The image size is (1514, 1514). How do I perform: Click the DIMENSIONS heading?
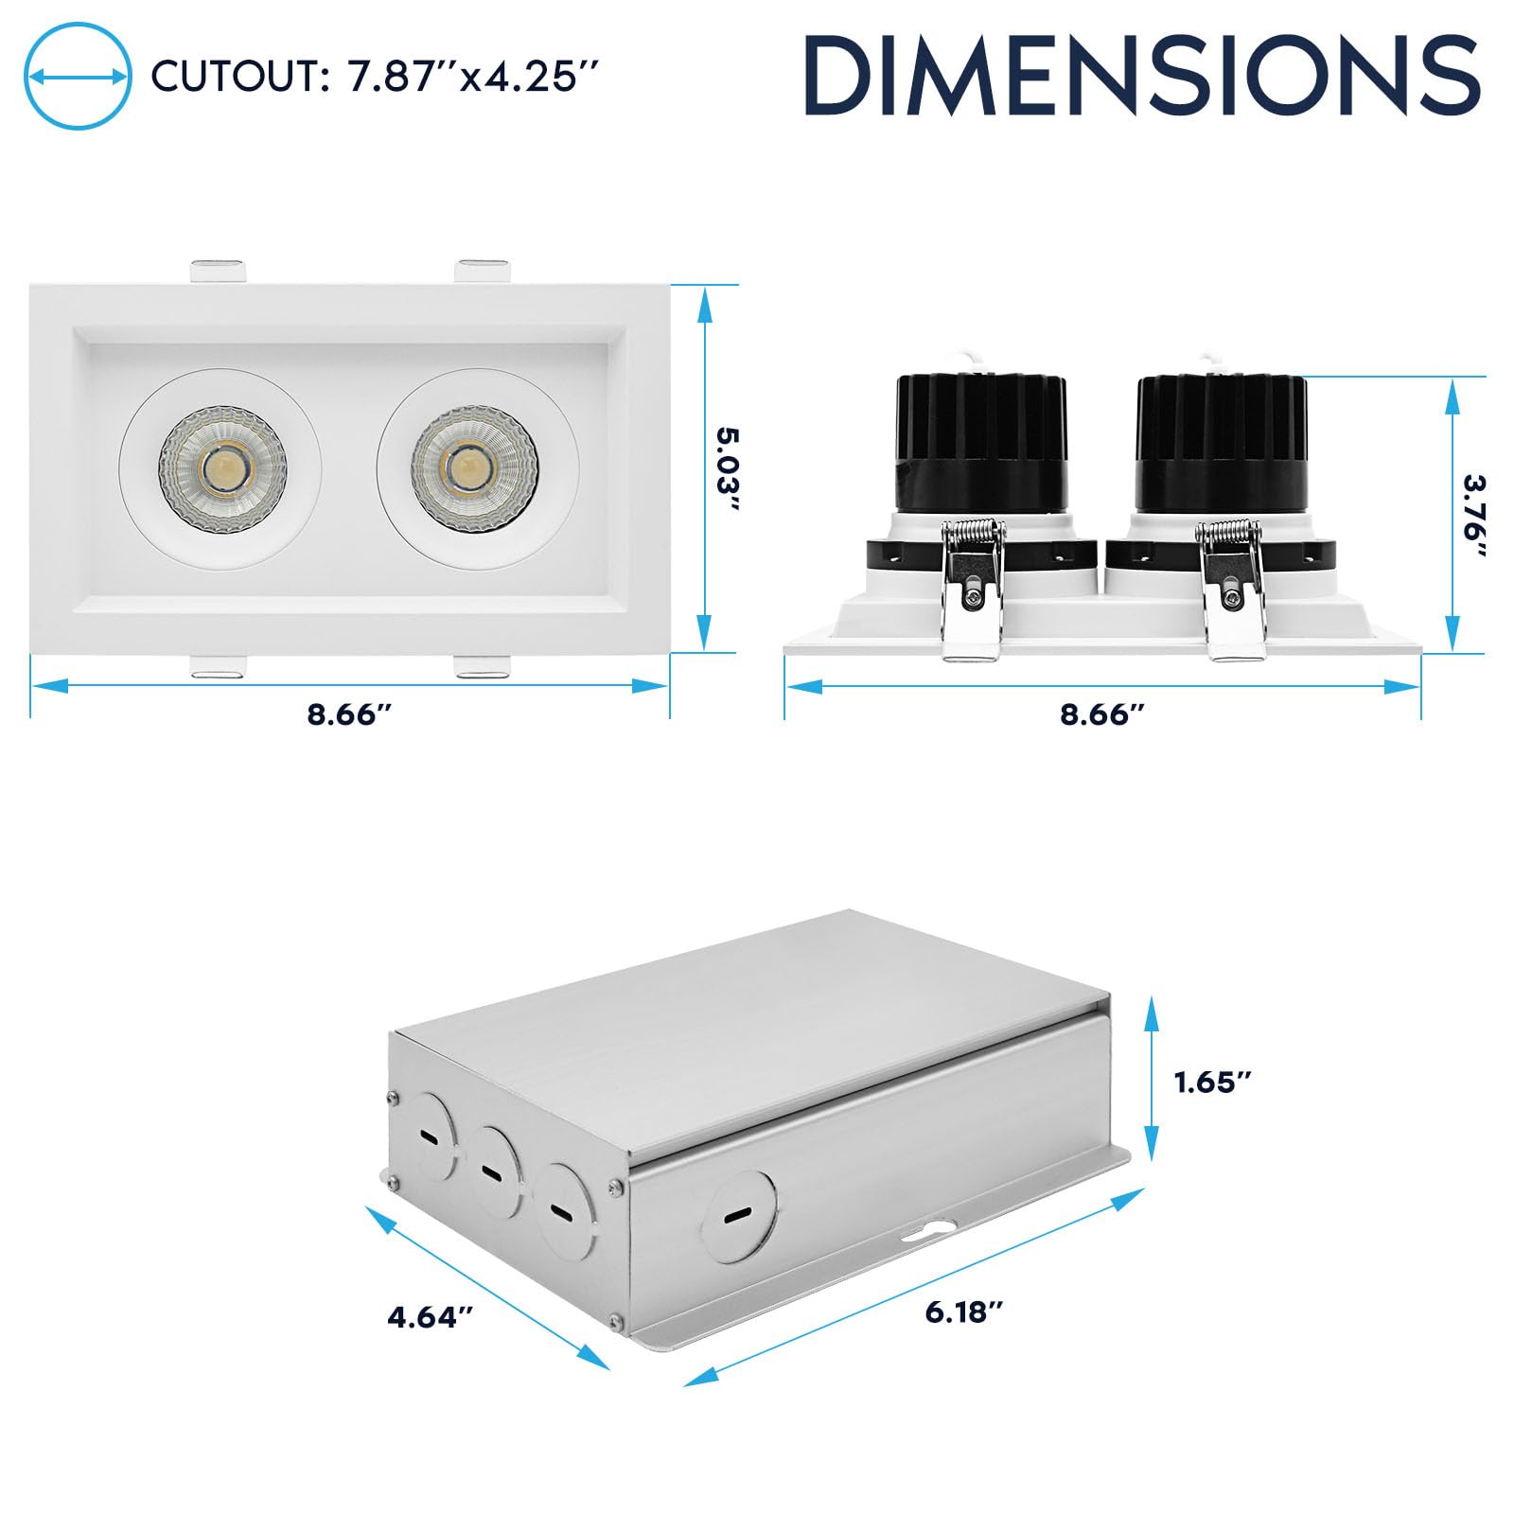click(1142, 76)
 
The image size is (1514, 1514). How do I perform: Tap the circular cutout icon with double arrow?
click(78, 76)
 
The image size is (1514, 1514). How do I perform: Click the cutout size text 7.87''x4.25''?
click(474, 77)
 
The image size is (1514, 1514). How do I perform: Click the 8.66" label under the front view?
click(349, 713)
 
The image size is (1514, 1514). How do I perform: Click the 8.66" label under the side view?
click(1102, 713)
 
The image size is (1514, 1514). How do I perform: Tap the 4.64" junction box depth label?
click(430, 1316)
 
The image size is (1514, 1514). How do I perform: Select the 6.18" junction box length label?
click(963, 1312)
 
